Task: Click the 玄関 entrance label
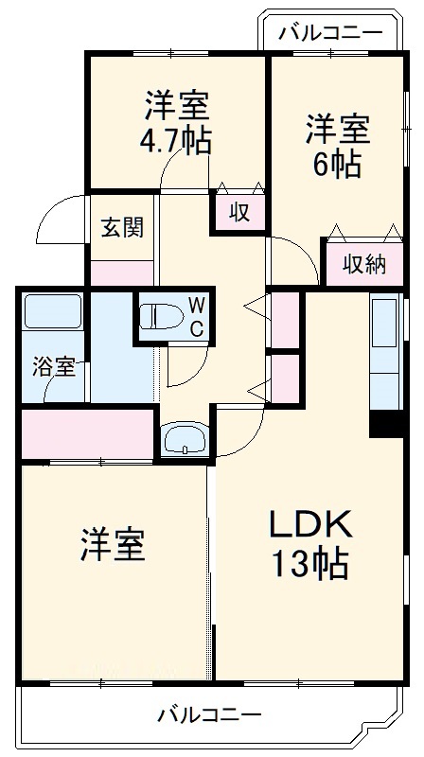coord(123,227)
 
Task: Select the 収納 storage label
coord(364,265)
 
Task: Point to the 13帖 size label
coord(312,566)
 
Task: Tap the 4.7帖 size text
coord(177,142)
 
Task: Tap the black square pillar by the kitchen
coord(385,422)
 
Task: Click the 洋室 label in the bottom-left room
coord(113,546)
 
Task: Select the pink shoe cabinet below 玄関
coord(122,273)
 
